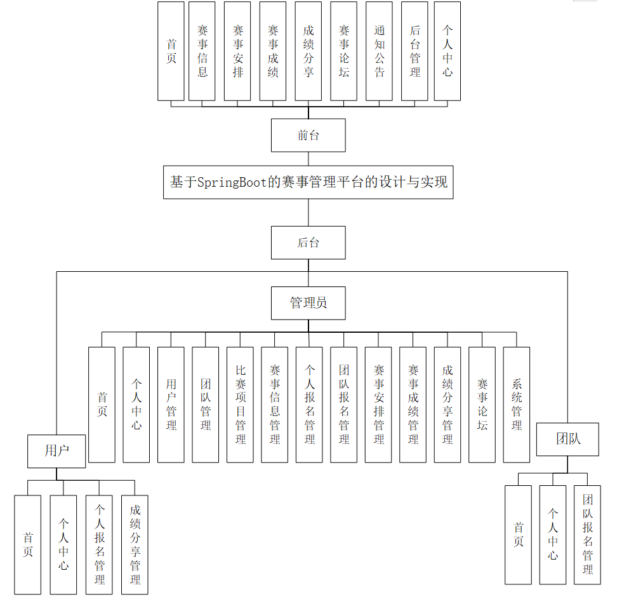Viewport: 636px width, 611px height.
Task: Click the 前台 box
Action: pos(308,135)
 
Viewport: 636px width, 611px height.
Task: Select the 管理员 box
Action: pos(308,303)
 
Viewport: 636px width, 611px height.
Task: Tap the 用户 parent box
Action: pos(56,451)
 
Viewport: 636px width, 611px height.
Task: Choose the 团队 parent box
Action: pos(567,439)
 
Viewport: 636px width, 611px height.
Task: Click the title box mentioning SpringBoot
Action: pos(308,182)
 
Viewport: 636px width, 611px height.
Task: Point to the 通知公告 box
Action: pos(379,51)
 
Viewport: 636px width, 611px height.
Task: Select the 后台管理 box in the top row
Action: pos(414,51)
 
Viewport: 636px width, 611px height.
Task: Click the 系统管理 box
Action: pos(516,405)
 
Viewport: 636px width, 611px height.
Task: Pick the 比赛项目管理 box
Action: pos(240,405)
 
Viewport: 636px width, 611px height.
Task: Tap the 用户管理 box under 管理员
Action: pos(171,405)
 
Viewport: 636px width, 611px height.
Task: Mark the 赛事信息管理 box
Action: pos(274,405)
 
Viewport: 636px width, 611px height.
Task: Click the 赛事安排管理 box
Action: pos(378,405)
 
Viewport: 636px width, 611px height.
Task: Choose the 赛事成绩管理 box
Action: pos(413,405)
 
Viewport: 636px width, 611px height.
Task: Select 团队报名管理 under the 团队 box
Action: pos(587,535)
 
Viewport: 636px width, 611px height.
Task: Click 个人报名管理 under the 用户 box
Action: pos(99,545)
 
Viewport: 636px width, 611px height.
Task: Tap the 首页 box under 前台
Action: pos(171,51)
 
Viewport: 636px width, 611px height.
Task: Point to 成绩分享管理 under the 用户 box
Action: pos(135,545)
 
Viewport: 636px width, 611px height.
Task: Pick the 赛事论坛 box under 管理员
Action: pos(482,405)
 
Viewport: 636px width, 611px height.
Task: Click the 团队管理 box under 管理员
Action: pos(205,405)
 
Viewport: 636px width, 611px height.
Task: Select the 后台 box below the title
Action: pos(308,243)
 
